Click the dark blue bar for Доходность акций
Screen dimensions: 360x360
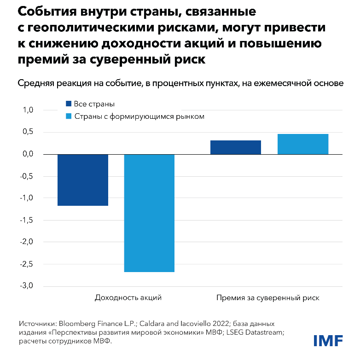[82, 180]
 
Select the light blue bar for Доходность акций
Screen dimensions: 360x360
[149, 213]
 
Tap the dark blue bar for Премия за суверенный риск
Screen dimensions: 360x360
[235, 147]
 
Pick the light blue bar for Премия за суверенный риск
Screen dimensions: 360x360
[302, 144]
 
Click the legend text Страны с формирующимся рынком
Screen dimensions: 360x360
[139, 116]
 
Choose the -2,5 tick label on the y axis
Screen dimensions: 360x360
[27, 264]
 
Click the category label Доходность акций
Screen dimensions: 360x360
[128, 297]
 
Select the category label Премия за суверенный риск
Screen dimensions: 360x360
[267, 297]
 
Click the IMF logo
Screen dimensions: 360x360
[328, 341]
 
